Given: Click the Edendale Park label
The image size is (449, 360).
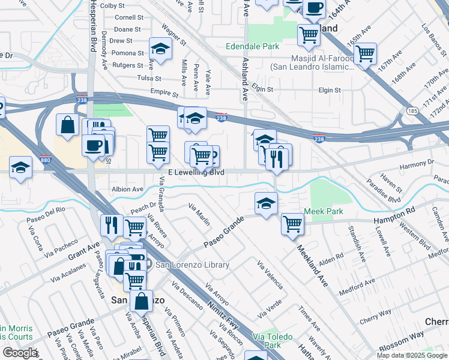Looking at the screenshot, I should [253, 46].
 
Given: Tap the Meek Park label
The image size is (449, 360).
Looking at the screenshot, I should [323, 211].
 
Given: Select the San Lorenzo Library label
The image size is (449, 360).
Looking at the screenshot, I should [193, 265].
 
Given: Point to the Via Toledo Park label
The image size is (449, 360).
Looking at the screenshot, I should [267, 341].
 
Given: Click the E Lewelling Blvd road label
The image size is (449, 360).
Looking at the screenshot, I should [196, 172].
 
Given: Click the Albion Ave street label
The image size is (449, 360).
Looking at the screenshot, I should [127, 189].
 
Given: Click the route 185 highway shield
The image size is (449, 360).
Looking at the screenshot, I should [412, 111].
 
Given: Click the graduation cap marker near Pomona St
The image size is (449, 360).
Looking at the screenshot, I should [160, 49].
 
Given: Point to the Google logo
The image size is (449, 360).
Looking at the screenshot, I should [20, 353].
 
